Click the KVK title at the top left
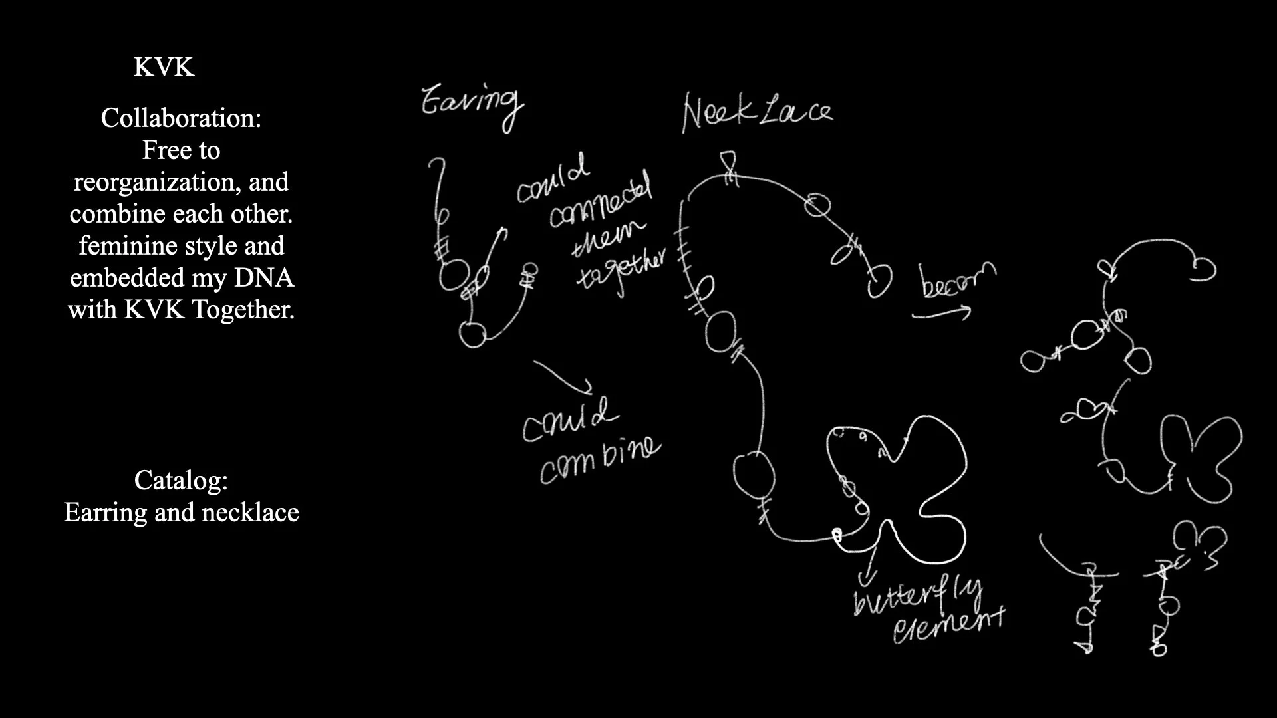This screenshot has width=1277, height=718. (164, 68)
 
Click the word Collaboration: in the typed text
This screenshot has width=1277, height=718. (181, 118)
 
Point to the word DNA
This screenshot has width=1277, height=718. (264, 277)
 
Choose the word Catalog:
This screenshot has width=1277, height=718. (181, 480)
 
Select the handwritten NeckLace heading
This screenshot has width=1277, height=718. (757, 112)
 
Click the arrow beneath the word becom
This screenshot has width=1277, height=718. (941, 312)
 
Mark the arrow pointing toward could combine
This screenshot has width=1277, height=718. (564, 376)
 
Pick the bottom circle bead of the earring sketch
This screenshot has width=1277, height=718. (473, 334)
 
